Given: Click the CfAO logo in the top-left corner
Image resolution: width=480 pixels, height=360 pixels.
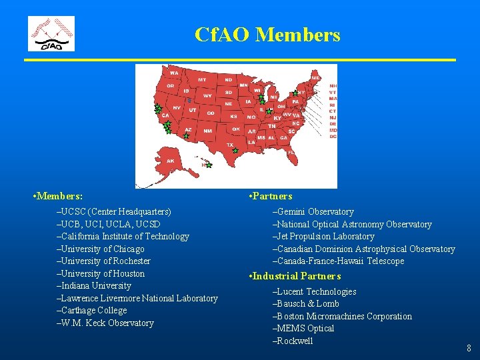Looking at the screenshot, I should (x=51, y=34).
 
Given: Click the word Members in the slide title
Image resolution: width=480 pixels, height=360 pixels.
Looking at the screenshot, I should (x=297, y=35).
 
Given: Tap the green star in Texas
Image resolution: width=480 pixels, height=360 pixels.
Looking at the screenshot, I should (x=235, y=151).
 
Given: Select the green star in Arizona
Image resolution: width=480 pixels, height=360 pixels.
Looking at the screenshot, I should (x=187, y=135).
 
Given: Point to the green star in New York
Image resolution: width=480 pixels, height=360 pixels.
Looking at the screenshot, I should (x=295, y=93).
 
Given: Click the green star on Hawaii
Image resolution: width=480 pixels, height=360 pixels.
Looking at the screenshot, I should (x=209, y=165).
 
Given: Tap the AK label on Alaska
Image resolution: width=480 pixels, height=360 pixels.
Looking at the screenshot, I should (x=171, y=161).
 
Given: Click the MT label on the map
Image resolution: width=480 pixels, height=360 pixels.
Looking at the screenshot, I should (x=201, y=79).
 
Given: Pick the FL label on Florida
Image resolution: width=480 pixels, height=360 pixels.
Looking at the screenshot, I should (x=291, y=152).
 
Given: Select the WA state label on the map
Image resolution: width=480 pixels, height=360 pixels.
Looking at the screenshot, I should (x=174, y=73).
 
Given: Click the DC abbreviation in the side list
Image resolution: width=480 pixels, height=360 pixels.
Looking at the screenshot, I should (x=333, y=137).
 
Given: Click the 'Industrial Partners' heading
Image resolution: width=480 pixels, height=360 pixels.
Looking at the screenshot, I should (x=297, y=276).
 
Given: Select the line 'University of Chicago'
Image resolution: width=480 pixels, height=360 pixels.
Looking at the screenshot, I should (x=102, y=249).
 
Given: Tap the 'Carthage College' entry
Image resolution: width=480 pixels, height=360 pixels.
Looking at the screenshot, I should (x=93, y=310).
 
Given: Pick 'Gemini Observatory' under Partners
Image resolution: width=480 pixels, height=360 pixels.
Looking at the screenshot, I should (x=315, y=211).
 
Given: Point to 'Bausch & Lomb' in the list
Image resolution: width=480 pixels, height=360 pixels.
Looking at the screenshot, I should (x=307, y=303).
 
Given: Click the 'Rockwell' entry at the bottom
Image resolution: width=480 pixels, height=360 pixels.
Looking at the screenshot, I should (x=294, y=341).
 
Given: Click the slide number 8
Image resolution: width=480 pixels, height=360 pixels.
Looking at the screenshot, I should (x=469, y=347).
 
